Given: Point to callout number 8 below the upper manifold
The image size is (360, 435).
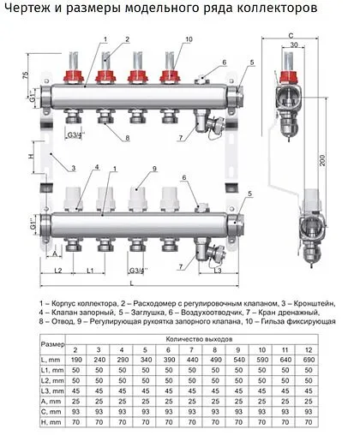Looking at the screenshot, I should pyautogui.click(x=127, y=138).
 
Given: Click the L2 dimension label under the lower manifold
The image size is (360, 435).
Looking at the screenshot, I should pyautogui.click(x=57, y=271).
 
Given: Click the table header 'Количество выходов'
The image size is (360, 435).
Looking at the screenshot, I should pyautogui.click(x=198, y=340).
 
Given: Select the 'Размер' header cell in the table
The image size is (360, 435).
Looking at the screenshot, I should pyautogui.click(x=54, y=344).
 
